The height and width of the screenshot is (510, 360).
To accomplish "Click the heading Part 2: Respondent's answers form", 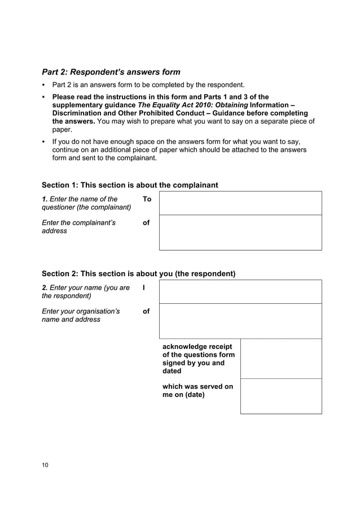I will point(111,72).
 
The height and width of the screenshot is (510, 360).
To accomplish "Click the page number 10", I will point(45,465).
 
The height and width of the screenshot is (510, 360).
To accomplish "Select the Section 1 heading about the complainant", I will point(130,185).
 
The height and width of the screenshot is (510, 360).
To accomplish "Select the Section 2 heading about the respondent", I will point(138,273).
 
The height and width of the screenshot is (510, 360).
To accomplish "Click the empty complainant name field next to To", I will point(240,203).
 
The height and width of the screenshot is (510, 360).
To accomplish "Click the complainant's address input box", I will point(240,232).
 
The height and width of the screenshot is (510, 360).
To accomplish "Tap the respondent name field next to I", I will point(240,291).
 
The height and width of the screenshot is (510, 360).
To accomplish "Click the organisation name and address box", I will point(240,321).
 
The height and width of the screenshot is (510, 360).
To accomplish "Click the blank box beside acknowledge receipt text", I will point(281,359).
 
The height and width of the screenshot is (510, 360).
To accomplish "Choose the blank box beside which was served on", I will point(281,396).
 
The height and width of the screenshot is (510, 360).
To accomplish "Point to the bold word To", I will point(147,199).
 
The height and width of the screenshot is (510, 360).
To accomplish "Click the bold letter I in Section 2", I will point(144,288).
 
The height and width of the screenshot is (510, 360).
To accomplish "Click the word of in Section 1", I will point(146,223).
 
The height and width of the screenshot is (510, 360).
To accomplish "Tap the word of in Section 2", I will point(146,311).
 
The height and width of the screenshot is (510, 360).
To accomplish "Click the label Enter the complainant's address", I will point(79,226).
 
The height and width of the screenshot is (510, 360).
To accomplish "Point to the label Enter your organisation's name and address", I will point(81,315).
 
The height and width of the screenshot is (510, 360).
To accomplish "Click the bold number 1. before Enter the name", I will point(45,199).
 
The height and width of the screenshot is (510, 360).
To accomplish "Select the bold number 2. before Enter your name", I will point(45,288).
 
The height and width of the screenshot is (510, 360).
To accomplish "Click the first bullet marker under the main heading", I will point(44,85).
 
